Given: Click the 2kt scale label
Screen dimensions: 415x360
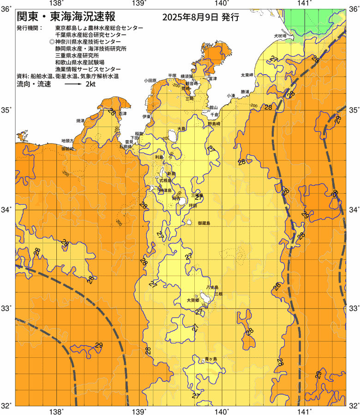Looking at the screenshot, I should (x=91, y=85).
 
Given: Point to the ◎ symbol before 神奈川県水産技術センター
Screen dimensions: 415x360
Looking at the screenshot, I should (x=52, y=41).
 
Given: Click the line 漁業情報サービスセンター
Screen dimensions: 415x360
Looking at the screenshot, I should (x=88, y=69).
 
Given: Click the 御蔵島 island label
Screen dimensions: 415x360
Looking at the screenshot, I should (x=204, y=223).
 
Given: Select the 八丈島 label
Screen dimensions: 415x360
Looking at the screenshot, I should (x=212, y=287).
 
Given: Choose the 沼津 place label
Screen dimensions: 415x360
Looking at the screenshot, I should (x=122, y=113).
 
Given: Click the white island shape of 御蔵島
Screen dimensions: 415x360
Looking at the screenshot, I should (x=189, y=222).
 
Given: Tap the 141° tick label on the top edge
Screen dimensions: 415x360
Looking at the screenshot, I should (x=303, y=3).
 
